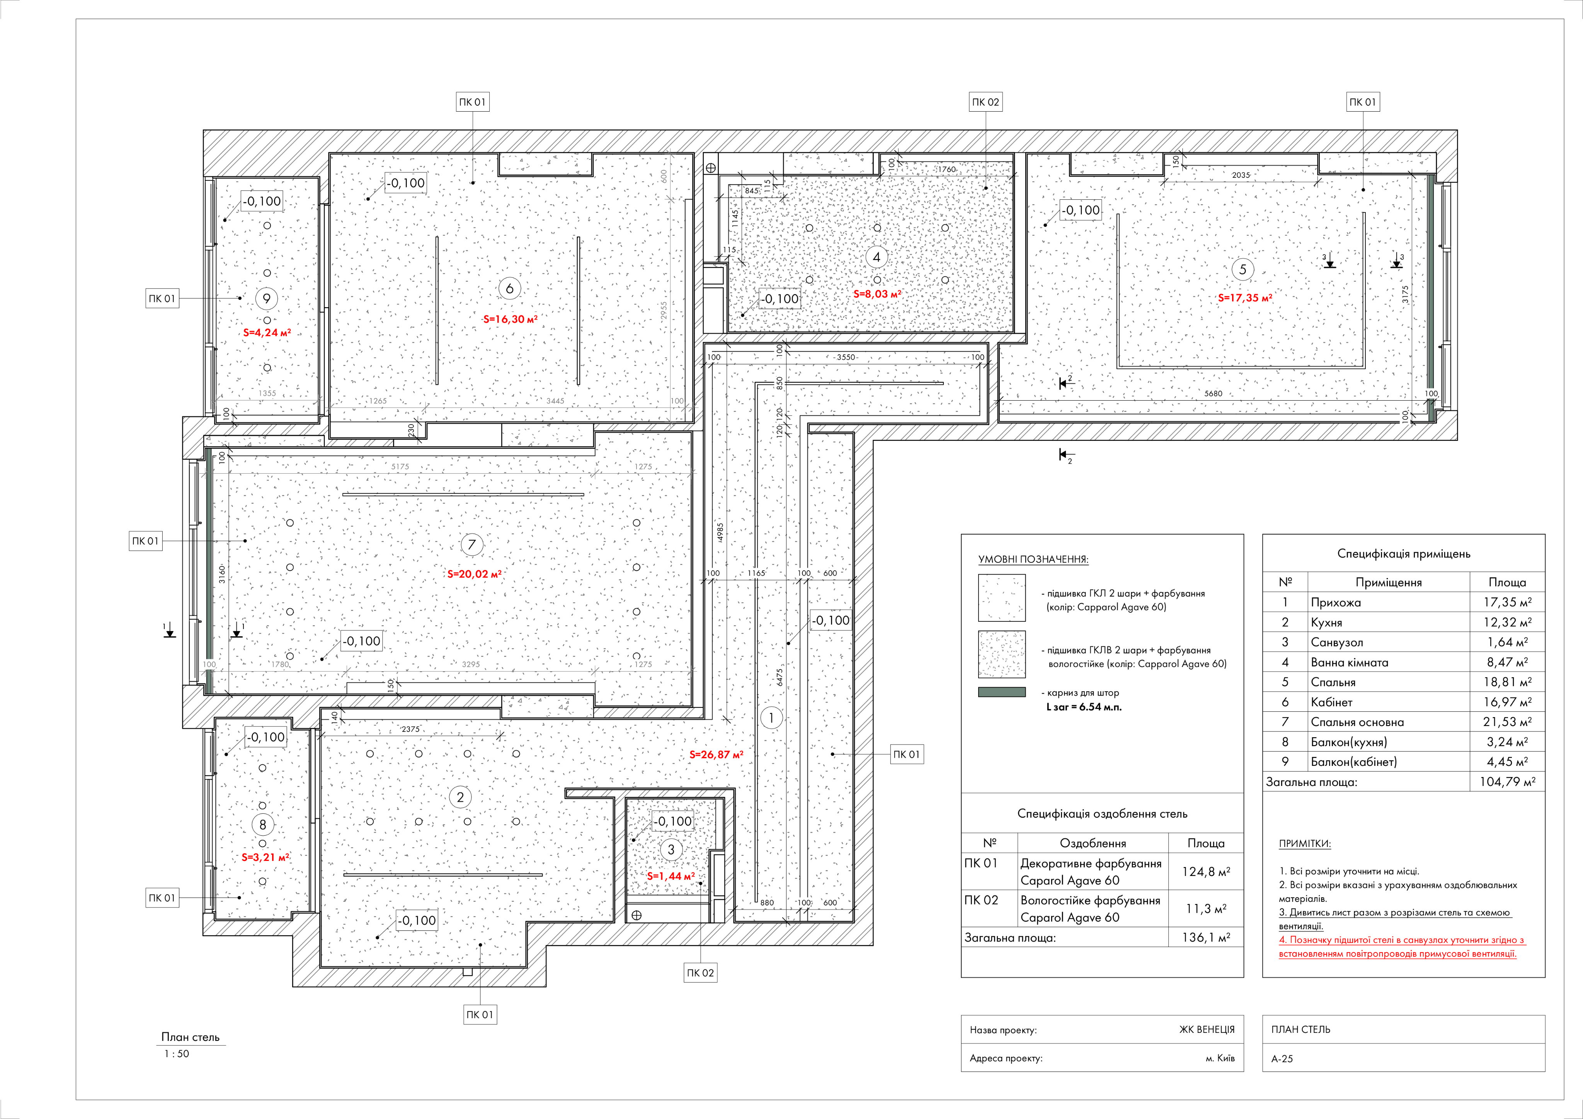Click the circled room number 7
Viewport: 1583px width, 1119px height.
[471, 545]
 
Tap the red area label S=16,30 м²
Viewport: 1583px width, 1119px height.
[510, 319]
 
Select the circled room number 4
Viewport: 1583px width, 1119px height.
[876, 257]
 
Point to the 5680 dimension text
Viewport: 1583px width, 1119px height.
[1214, 394]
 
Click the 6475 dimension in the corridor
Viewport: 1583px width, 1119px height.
[780, 677]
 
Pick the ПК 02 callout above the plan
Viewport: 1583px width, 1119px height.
[985, 102]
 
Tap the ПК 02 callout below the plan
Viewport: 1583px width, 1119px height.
[701, 973]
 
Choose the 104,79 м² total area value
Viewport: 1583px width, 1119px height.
[1507, 782]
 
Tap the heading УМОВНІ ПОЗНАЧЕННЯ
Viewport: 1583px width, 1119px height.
[1033, 559]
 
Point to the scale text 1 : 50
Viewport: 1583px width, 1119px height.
[177, 1053]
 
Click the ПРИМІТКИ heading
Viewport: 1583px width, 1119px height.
[1304, 843]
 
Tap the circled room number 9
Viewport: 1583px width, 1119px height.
[267, 299]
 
